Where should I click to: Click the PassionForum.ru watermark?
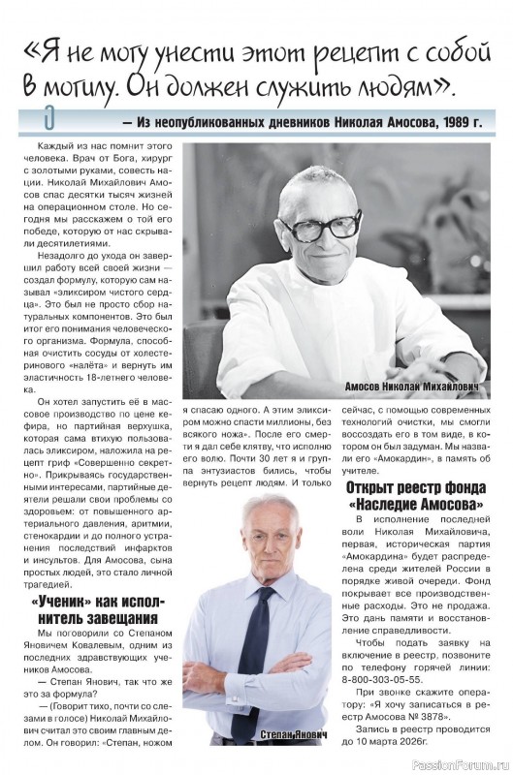tap(460, 764)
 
